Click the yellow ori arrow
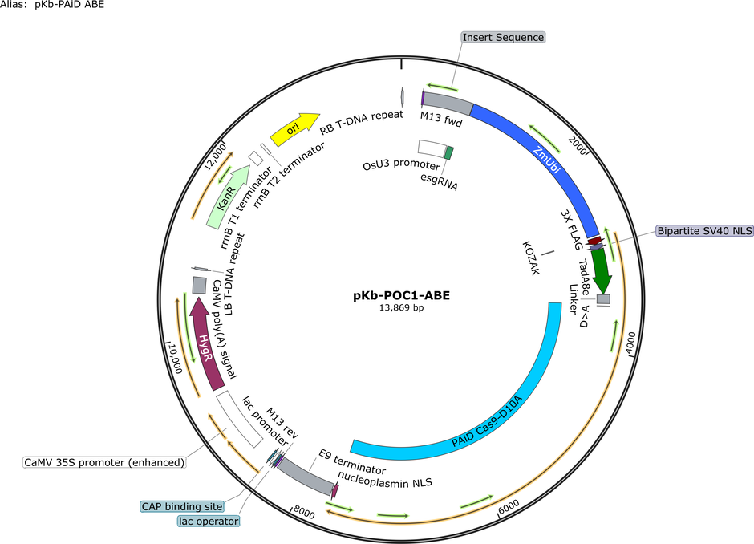coord(294,129)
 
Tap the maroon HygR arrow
coord(206,344)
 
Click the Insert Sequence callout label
coord(503,38)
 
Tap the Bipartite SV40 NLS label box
coord(704,231)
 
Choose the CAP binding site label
coord(182,506)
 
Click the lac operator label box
coord(209,521)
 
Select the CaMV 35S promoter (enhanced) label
coord(104,463)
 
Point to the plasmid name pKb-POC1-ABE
coord(402,295)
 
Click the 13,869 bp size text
coord(402,308)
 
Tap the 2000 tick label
coord(578,145)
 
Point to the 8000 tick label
coord(304,512)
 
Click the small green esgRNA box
coord(448,153)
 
